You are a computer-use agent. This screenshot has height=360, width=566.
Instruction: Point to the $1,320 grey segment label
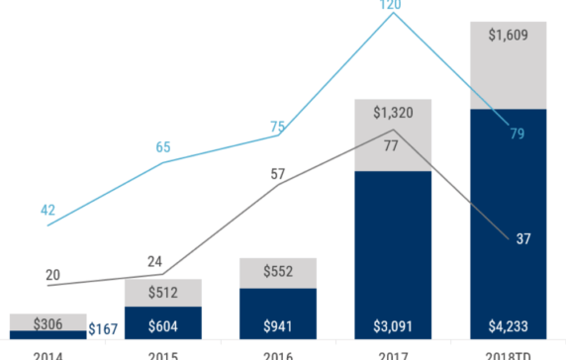tap(392, 112)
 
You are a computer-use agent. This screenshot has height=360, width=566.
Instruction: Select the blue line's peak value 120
tap(392, 4)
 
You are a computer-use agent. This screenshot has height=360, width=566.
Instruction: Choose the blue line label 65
tap(162, 147)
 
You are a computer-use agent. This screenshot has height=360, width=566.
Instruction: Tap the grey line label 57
tap(277, 174)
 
